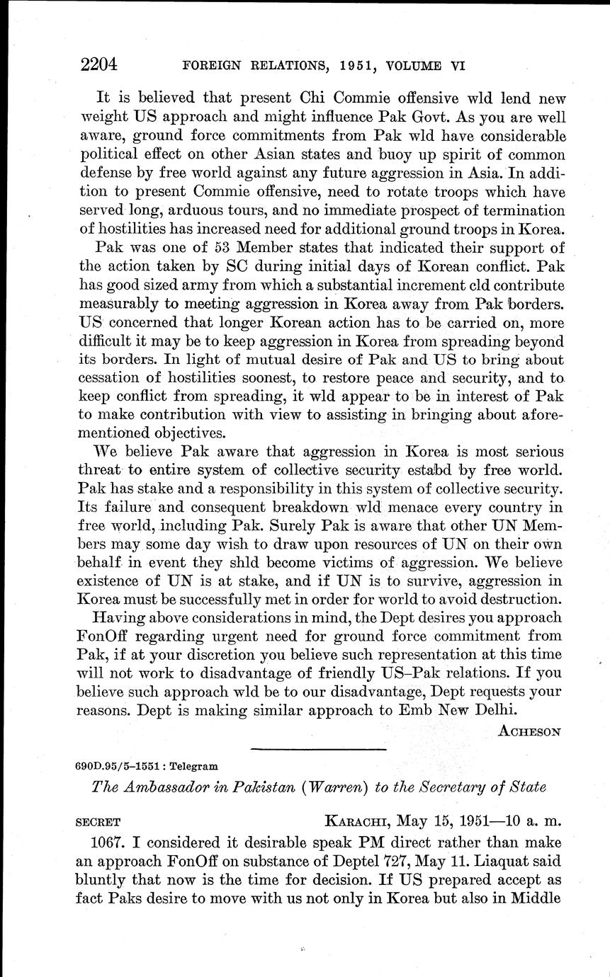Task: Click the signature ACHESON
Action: (x=530, y=731)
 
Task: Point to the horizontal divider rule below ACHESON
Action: (x=318, y=749)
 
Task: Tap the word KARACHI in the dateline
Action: (x=356, y=823)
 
